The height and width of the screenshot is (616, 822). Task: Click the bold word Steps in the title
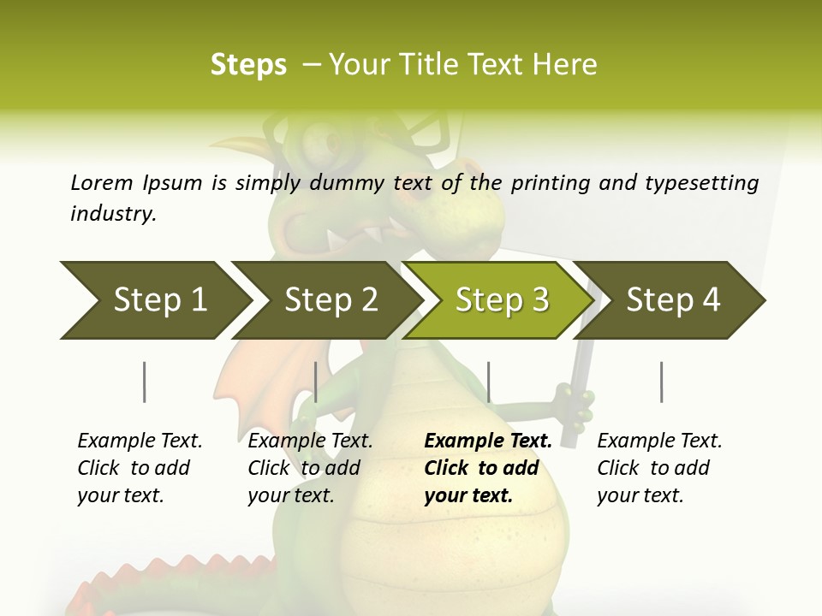(248, 65)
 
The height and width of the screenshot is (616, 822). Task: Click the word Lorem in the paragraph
(102, 182)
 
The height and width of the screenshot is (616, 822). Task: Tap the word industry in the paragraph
(112, 213)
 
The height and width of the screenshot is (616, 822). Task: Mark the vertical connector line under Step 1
(145, 382)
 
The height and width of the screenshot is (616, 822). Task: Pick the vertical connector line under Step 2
(316, 382)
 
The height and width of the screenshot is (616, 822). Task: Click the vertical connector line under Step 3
(488, 382)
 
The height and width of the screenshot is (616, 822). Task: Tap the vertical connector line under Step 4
(661, 382)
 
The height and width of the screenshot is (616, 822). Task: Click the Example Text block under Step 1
(140, 468)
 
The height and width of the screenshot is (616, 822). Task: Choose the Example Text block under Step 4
(659, 468)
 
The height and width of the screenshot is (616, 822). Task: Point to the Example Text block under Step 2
(310, 468)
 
